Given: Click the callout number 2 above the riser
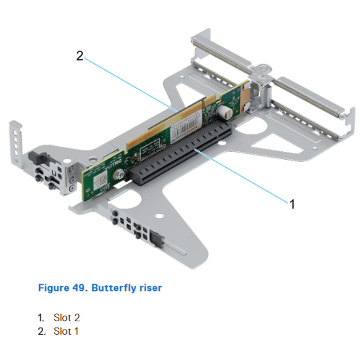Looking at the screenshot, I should pos(79,56).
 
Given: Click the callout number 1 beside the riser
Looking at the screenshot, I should pos(292,204).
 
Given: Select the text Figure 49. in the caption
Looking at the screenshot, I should pos(63,288).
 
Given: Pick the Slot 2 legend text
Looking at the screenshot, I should pos(67,317).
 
